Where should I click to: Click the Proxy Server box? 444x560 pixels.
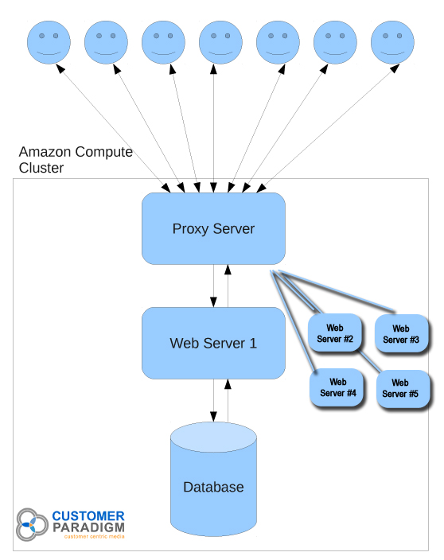click(x=213, y=228)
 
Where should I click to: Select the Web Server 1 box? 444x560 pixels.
click(x=213, y=343)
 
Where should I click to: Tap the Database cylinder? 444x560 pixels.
click(x=213, y=479)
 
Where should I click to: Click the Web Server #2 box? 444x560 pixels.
click(x=335, y=332)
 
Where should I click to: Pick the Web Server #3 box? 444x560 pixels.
click(x=401, y=333)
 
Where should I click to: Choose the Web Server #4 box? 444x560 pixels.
click(x=337, y=387)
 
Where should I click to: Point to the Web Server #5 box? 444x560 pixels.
click(x=403, y=388)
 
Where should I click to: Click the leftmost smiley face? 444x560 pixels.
click(x=49, y=42)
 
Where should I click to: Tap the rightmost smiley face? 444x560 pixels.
click(x=392, y=42)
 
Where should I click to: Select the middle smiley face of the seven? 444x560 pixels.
click(x=220, y=42)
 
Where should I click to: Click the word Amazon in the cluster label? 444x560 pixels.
click(x=45, y=152)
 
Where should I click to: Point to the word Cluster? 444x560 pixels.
click(x=41, y=168)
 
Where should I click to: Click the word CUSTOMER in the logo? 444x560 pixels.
click(x=88, y=516)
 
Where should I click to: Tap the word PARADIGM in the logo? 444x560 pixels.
click(x=88, y=527)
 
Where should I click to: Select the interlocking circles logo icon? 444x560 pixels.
click(x=32, y=525)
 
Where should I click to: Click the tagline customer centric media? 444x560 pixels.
click(x=95, y=536)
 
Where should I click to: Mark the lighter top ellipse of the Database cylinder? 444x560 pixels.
click(x=213, y=437)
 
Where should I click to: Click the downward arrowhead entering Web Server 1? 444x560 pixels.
click(x=213, y=302)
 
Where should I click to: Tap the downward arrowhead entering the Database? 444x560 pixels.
click(x=213, y=417)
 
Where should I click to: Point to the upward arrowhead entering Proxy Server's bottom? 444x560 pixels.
click(x=228, y=270)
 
